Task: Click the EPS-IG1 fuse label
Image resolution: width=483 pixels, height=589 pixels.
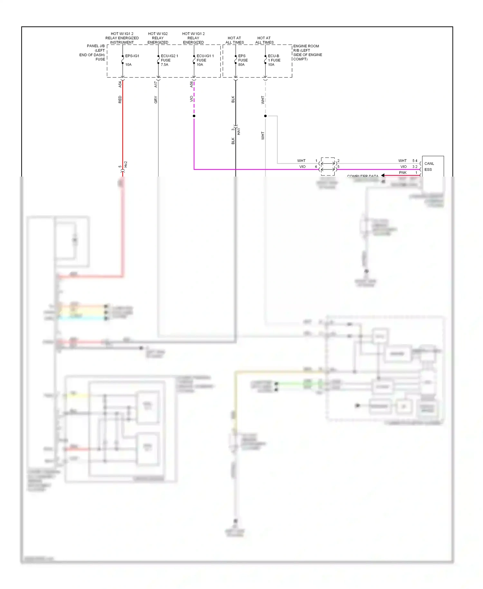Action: coord(132,56)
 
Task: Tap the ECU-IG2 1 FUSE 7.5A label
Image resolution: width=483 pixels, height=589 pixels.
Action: coord(169,60)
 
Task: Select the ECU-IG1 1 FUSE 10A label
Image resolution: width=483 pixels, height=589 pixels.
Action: coord(205,60)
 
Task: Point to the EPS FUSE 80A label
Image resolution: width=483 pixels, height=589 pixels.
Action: coord(242,60)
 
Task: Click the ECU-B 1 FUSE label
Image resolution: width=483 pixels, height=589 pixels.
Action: coord(274,58)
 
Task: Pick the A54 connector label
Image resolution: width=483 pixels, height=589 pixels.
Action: coord(120,84)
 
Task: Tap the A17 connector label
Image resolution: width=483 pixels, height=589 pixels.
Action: coord(156,84)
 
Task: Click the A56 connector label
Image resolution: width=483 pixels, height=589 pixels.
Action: coord(191,84)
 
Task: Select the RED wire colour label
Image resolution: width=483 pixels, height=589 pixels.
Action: coord(120,99)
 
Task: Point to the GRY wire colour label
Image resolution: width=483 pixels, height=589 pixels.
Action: coord(156,100)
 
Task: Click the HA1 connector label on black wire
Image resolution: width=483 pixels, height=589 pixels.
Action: coord(239,131)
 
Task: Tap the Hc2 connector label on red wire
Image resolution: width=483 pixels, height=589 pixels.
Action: coord(126,164)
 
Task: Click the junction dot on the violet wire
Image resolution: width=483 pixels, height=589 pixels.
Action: coord(194,116)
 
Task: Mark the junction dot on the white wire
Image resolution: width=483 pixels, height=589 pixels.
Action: coord(265,116)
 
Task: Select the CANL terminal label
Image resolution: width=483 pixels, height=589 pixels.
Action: coord(429,164)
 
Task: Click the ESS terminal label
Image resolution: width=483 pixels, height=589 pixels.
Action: coord(428,169)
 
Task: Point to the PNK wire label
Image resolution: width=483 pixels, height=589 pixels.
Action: coord(402,173)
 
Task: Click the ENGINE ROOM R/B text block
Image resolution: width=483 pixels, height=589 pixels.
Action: coord(307,53)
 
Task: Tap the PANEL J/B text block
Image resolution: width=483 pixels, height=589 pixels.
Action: coord(93,53)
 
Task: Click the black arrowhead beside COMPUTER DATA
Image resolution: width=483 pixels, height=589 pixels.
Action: coord(383,175)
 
